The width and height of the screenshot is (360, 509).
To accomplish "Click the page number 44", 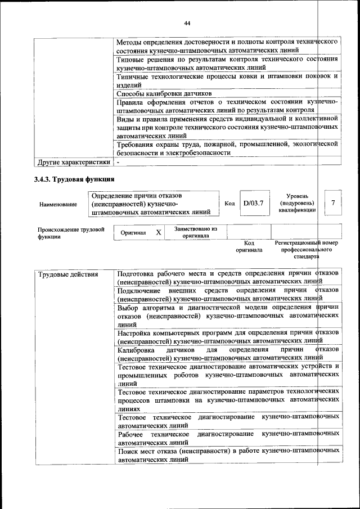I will click(x=187, y=23).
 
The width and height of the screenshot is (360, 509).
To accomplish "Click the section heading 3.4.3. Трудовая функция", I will click(x=74, y=180).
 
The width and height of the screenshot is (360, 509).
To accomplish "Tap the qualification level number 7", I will click(x=334, y=203).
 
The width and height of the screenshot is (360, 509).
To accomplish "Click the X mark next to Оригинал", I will click(x=159, y=232).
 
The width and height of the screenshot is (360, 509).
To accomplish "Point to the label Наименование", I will click(x=58, y=205).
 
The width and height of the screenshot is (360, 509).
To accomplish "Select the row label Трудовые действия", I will click(x=67, y=274).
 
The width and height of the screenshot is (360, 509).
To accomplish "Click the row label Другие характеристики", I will click(x=73, y=163).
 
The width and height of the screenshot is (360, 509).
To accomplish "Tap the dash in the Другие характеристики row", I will click(x=118, y=163).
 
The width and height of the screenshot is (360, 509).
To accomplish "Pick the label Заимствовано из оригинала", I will click(x=196, y=232).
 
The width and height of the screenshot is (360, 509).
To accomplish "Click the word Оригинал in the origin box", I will click(x=133, y=232).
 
